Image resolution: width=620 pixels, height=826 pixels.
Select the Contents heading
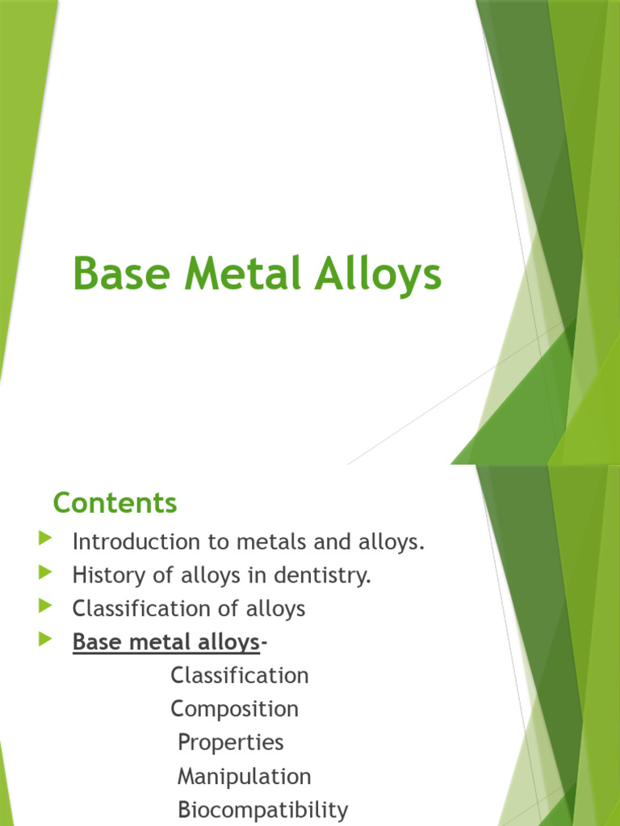tap(115, 503)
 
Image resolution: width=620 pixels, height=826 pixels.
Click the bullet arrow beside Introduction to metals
tap(45, 538)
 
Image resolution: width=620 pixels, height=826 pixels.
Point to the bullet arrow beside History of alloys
tap(45, 572)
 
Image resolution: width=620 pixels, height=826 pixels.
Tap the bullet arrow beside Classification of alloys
tap(45, 605)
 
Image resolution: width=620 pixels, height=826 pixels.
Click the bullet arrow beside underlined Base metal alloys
tap(45, 640)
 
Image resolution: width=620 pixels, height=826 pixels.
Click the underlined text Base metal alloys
tap(165, 642)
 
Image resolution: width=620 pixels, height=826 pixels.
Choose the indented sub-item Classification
tap(239, 675)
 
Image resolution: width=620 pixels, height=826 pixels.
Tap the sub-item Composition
tap(234, 709)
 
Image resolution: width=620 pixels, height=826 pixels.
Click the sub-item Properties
tap(230, 742)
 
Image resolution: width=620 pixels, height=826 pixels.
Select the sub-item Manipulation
tap(244, 776)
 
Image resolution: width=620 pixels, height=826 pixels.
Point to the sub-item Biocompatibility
tap(262, 810)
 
